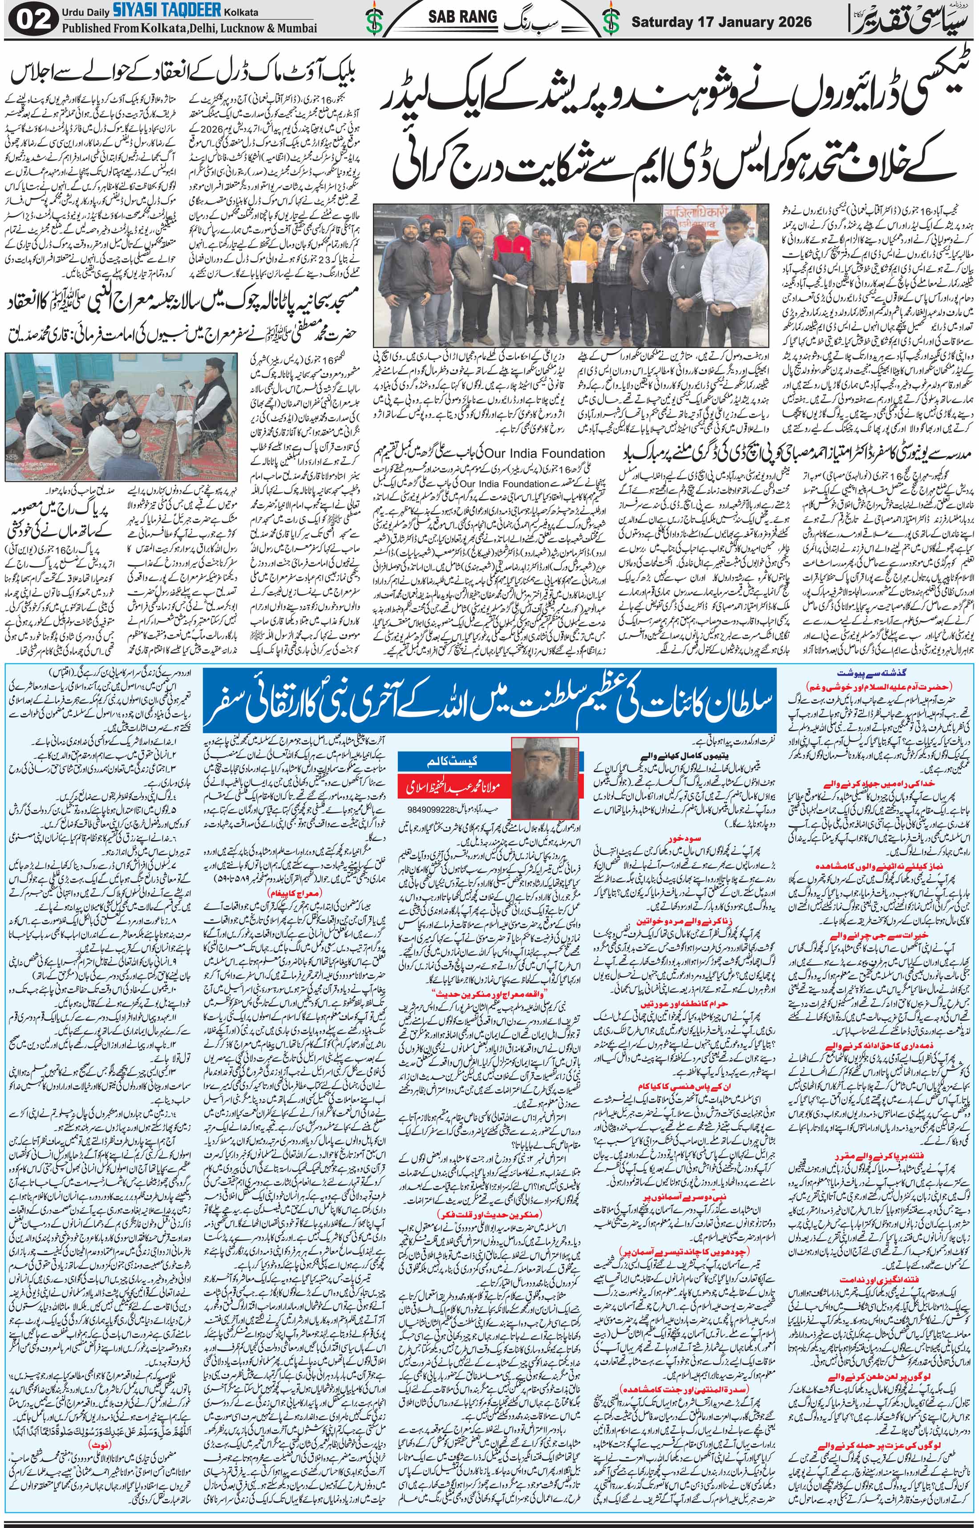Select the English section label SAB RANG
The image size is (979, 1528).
click(470, 17)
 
